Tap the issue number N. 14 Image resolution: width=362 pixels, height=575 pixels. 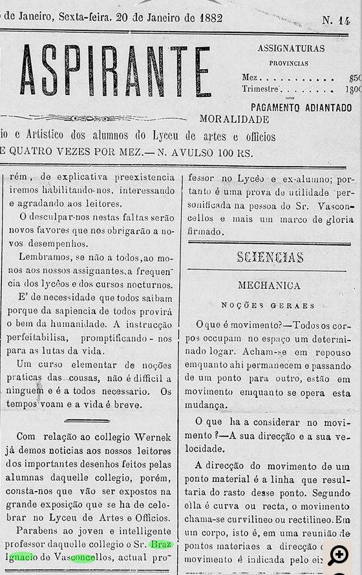tap(335, 21)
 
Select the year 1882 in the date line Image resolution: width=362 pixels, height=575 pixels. tap(211, 17)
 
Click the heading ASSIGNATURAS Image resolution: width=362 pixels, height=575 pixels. tap(291, 48)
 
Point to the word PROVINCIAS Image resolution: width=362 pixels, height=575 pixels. tap(288, 63)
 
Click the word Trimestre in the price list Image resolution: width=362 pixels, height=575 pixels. tap(261, 90)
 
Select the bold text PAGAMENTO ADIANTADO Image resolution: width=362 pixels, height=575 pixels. tap(301, 107)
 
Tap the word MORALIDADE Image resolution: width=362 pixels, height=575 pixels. tap(234, 120)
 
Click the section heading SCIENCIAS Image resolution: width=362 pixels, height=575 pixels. tap(270, 257)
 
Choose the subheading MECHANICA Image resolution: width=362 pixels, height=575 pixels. tap(269, 285)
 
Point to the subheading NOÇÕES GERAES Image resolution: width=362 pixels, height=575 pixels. tap(268, 305)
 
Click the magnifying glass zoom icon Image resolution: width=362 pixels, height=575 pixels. tap(337, 555)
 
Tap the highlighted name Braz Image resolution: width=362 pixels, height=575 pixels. tap(160, 544)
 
